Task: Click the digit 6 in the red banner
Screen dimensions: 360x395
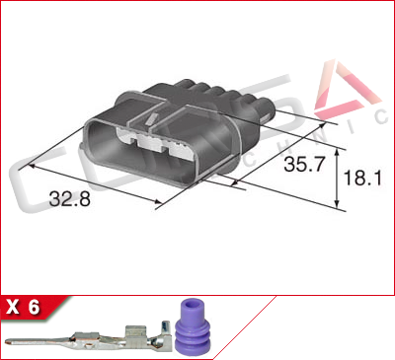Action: [x=35, y=308]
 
